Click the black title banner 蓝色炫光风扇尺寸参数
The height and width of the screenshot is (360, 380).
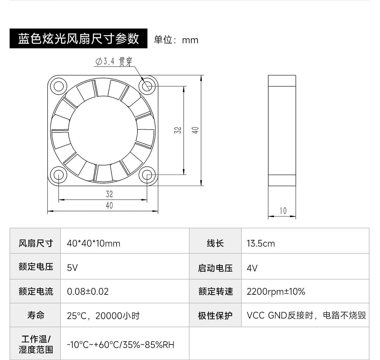coord(78,38)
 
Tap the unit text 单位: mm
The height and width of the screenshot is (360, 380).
coord(176,40)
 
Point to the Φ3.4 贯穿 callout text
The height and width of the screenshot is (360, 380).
coord(114,61)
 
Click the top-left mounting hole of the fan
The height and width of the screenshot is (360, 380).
coord(59,86)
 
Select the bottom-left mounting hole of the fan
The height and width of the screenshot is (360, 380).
coord(59,175)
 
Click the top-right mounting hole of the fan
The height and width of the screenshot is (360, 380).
coord(147,86)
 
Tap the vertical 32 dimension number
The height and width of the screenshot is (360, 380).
coord(178,130)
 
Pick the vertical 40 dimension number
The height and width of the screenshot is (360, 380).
coord(195,130)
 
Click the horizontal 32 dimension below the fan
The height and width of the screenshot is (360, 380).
coord(109,194)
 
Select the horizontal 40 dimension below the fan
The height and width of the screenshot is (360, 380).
coord(109,205)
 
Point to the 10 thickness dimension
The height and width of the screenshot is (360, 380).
coord(283,211)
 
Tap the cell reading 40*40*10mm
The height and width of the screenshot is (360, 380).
coord(93,243)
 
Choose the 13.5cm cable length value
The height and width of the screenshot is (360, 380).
coord(261,243)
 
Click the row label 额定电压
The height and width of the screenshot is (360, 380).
coord(36,267)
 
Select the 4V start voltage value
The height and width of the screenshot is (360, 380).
coord(252,268)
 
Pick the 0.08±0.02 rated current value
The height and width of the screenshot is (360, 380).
coord(88,292)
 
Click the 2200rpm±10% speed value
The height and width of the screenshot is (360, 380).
coord(276,292)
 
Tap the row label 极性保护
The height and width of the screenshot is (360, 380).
coord(215,316)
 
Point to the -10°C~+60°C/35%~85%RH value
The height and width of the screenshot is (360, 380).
coord(121,345)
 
